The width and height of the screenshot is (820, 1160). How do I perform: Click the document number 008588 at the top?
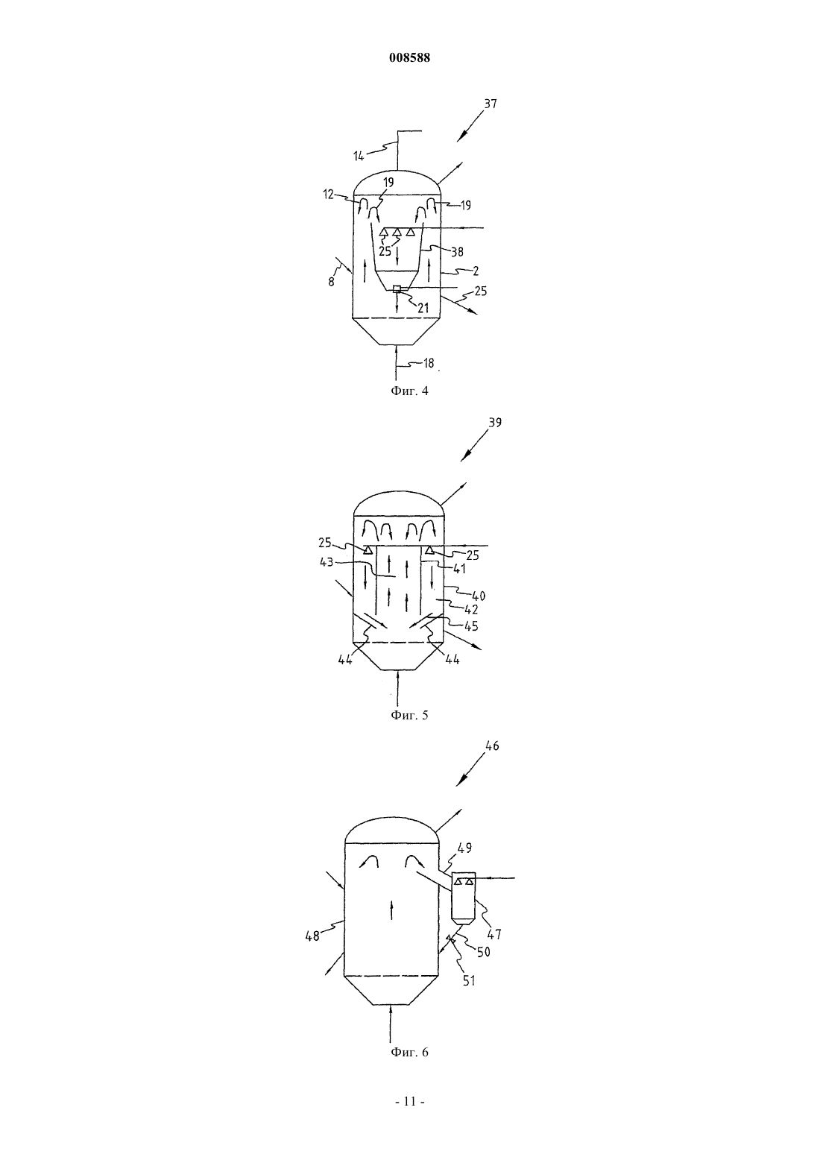[x=409, y=58]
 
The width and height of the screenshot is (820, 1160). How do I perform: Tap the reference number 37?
[x=491, y=104]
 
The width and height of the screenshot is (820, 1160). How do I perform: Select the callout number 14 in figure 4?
[x=359, y=156]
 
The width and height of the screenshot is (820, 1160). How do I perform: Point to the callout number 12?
[x=328, y=195]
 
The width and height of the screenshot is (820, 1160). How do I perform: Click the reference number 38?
[x=457, y=252]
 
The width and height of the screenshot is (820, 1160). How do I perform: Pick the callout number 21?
[x=423, y=308]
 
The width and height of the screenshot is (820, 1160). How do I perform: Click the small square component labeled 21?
[x=397, y=289]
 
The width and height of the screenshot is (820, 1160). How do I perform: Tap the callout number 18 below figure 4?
[x=429, y=364]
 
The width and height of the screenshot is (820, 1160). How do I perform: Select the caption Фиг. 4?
[x=409, y=391]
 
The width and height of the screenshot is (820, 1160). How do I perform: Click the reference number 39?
[x=495, y=423]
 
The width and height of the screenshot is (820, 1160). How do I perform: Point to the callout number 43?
[x=327, y=561]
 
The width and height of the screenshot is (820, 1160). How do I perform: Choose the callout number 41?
[x=460, y=569]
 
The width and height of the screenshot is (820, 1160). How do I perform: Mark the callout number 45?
[x=471, y=626]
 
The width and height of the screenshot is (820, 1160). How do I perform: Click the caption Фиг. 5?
[x=409, y=715]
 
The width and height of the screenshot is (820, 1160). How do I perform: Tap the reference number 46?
[x=492, y=746]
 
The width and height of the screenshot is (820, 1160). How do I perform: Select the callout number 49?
[x=465, y=848]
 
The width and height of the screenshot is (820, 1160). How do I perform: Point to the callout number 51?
[x=469, y=980]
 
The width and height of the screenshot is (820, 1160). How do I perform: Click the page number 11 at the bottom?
[x=409, y=1102]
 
